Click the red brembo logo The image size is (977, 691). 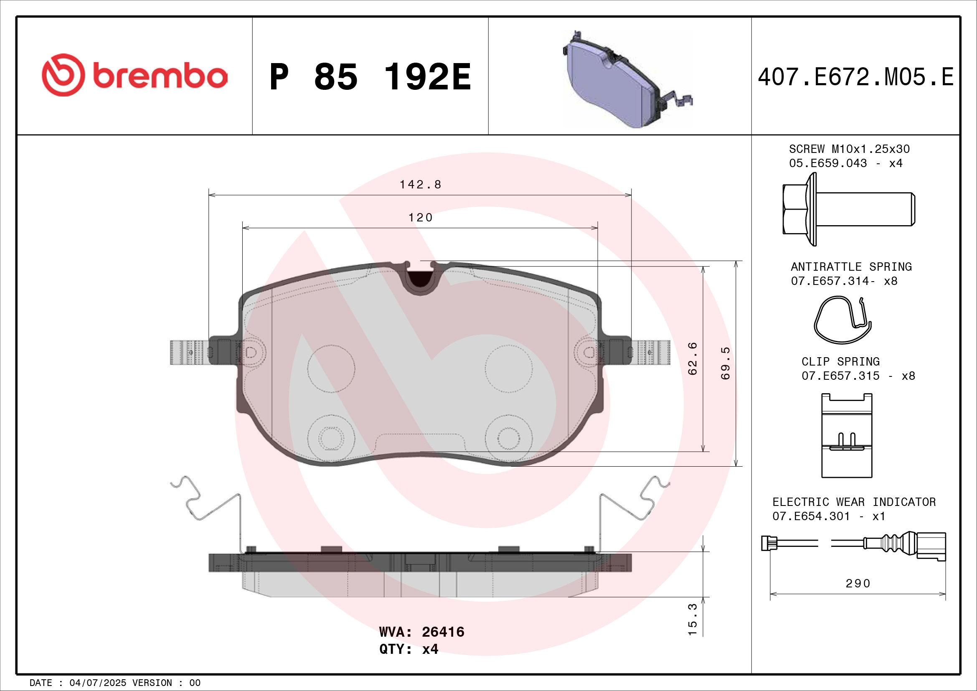click(x=134, y=75)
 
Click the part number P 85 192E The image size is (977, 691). click(x=370, y=77)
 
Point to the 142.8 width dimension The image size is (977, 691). click(x=420, y=184)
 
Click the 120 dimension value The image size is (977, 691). click(x=420, y=217)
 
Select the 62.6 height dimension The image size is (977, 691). click(x=693, y=358)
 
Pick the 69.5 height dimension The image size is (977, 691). click(x=726, y=363)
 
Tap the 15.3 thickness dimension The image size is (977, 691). click(x=693, y=620)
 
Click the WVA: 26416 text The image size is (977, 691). click(x=421, y=632)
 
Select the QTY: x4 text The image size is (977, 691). click(x=409, y=649)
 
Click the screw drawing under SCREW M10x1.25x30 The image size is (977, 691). click(x=848, y=209)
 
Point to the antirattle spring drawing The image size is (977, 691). click(x=842, y=320)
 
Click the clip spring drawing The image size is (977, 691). click(x=847, y=435)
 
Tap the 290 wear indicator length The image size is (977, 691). click(x=858, y=583)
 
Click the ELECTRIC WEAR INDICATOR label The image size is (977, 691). click(x=854, y=502)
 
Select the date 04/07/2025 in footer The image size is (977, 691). click(x=98, y=683)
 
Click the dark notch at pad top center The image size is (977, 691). click(x=420, y=279)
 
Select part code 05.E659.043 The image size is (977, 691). click(x=828, y=163)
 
